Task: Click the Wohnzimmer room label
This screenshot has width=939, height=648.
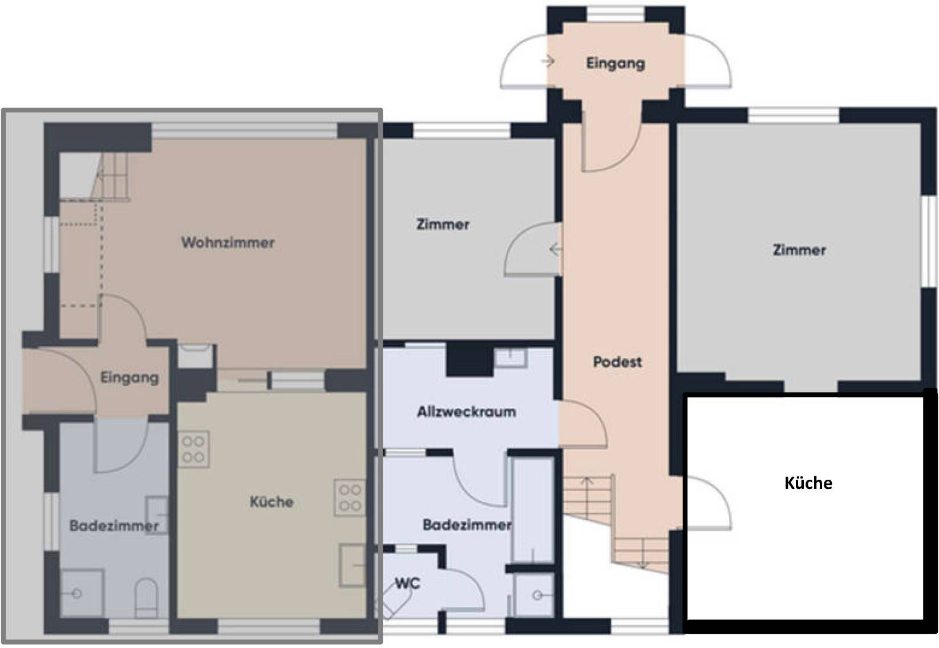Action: point(228,242)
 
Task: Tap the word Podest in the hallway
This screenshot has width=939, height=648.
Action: point(617,362)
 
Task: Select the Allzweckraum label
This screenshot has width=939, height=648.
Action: point(466,412)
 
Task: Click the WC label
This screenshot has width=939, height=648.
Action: point(407,583)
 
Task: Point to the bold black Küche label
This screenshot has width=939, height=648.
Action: point(808,483)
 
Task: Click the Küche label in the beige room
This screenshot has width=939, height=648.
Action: point(271,501)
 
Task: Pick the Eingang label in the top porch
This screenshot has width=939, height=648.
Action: point(615,64)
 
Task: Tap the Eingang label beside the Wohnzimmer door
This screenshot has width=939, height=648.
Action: point(129,378)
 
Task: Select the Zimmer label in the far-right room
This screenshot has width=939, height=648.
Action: point(799,250)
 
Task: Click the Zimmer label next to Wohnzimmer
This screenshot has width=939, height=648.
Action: point(443,224)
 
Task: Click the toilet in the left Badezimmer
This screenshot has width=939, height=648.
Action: point(146,598)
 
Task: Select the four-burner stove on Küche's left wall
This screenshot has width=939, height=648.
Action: point(193,449)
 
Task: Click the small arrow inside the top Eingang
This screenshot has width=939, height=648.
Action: point(548,62)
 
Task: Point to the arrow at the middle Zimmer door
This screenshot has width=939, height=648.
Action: point(555,249)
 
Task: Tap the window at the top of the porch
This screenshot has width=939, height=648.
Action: point(615,14)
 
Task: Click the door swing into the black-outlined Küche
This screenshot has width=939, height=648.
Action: point(709,503)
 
